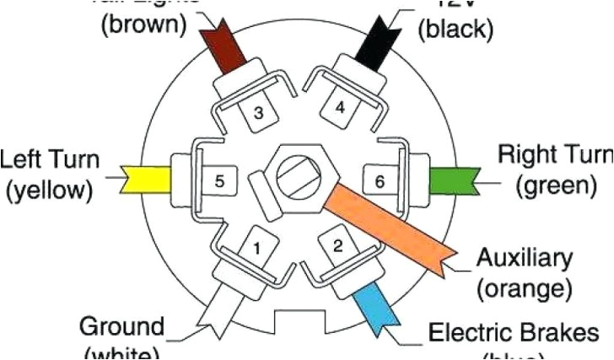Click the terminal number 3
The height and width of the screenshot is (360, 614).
pyautogui.click(x=259, y=113)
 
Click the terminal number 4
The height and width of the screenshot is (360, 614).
pyautogui.click(x=341, y=108)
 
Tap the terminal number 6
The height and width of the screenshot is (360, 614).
pyautogui.click(x=380, y=180)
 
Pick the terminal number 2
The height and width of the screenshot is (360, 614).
pyautogui.click(x=337, y=246)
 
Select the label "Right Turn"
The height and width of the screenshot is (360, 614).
pyautogui.click(x=554, y=155)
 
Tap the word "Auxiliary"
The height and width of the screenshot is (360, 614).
pyautogui.click(x=524, y=257)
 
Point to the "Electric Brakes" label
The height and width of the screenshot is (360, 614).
pyautogui.click(x=519, y=331)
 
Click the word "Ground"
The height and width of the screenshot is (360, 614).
pyautogui.click(x=121, y=326)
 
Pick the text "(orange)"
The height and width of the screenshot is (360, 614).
pyautogui.click(x=524, y=289)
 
